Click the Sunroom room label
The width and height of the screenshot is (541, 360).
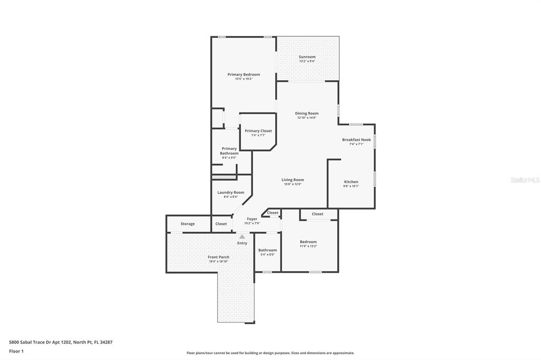coord(307,57)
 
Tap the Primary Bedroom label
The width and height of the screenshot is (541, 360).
coord(244,74)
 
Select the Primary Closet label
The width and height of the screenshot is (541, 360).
coord(258,131)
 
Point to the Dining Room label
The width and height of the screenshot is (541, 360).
coord(306,113)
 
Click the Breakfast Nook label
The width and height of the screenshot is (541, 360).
coord(356,140)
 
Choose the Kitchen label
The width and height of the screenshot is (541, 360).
coord(351,182)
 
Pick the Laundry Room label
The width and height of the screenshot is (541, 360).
coord(231,193)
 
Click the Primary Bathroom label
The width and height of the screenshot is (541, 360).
coord(229,151)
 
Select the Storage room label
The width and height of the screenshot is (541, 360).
coord(188,224)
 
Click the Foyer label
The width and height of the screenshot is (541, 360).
coord(252,219)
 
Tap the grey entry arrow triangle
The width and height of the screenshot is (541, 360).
coord(242,237)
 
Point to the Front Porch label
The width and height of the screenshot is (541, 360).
coord(218,257)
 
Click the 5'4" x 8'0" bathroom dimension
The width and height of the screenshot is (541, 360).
coord(267,254)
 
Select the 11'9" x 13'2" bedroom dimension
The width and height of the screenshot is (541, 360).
coord(308,246)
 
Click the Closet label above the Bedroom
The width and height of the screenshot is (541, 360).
coord(318,214)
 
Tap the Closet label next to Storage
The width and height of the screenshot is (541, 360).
coord(221,224)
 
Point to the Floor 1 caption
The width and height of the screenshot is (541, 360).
coord(16,351)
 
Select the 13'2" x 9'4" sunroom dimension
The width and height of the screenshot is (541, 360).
coord(307,61)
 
